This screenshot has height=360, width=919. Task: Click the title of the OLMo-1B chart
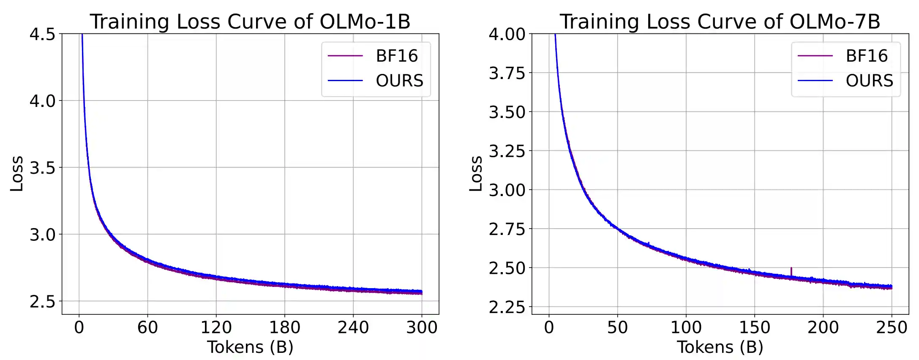pos(250,21)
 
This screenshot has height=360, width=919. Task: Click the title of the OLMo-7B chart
pos(720,21)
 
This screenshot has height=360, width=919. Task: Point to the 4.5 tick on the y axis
pos(43,34)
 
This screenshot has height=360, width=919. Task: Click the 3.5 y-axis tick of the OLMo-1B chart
pos(43,168)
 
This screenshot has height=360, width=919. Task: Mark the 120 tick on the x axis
pos(216,327)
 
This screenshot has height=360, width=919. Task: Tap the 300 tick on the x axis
pos(422,327)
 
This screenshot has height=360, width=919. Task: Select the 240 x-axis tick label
pos(353,327)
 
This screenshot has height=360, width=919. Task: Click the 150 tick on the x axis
pos(754,327)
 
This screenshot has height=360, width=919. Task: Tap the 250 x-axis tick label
pos(892,327)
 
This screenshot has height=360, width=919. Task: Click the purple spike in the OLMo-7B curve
pos(791,270)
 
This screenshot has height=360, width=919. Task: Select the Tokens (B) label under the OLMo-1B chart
pos(250,347)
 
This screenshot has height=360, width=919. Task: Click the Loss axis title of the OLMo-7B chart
pos(476,174)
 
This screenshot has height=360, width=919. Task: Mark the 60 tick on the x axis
pos(147,327)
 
